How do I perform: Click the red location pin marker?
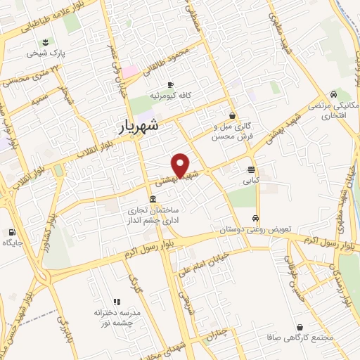point(181,165)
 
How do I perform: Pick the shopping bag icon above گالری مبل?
point(232,116)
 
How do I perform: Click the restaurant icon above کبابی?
point(251,169)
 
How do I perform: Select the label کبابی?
point(251,180)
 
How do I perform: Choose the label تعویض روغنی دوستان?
point(245,230)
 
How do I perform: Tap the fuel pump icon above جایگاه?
point(12,232)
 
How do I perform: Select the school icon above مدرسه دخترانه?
point(117,301)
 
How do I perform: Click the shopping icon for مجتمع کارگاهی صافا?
point(301,327)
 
